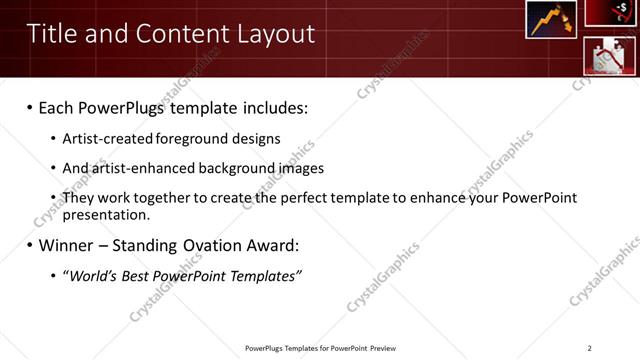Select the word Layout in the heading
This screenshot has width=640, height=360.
pos(274,34)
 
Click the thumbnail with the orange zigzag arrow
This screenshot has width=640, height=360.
pos(551,20)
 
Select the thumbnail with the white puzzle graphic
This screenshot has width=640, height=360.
pos(610,56)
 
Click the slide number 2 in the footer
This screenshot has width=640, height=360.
pos(589,348)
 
